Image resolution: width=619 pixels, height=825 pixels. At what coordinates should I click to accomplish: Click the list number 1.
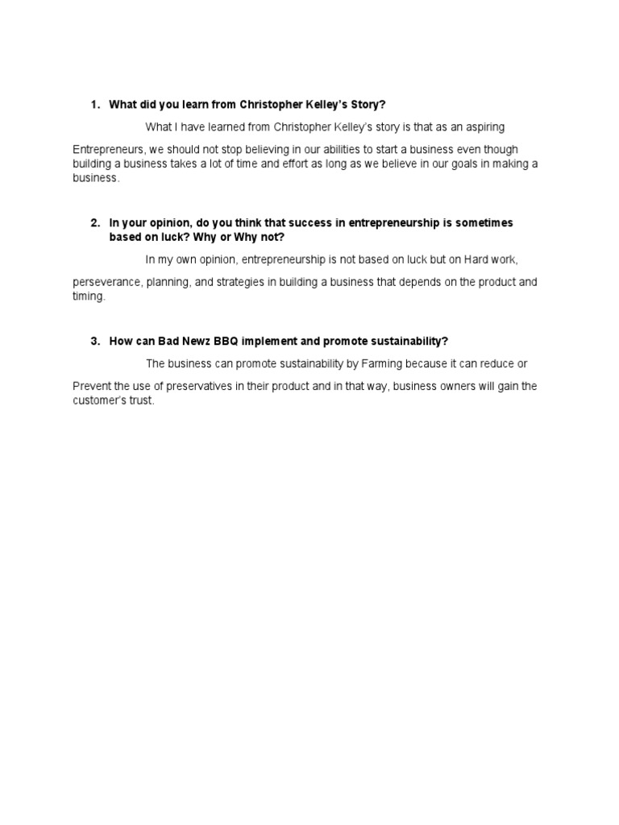tap(93, 105)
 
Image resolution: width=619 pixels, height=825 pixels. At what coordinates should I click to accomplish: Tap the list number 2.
tap(93, 222)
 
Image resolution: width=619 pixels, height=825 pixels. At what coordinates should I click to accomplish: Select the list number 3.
tap(93, 341)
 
